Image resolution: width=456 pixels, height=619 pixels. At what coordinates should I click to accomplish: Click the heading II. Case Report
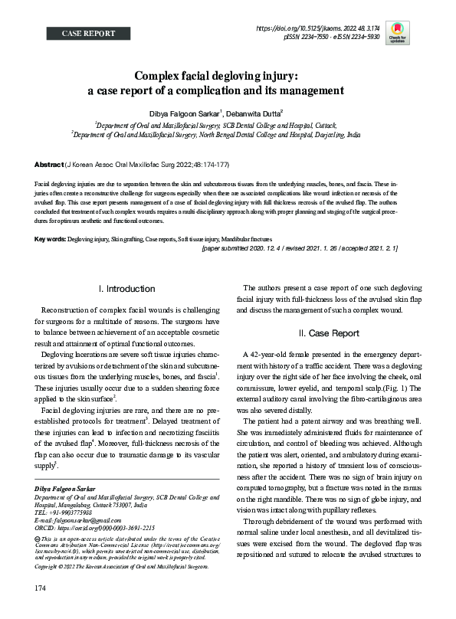coord(327,333)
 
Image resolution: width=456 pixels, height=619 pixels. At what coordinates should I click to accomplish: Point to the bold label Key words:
coord(51,240)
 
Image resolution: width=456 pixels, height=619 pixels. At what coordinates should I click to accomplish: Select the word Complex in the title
coord(162,77)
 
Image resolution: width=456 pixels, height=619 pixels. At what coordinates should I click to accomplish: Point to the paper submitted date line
coord(300,249)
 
